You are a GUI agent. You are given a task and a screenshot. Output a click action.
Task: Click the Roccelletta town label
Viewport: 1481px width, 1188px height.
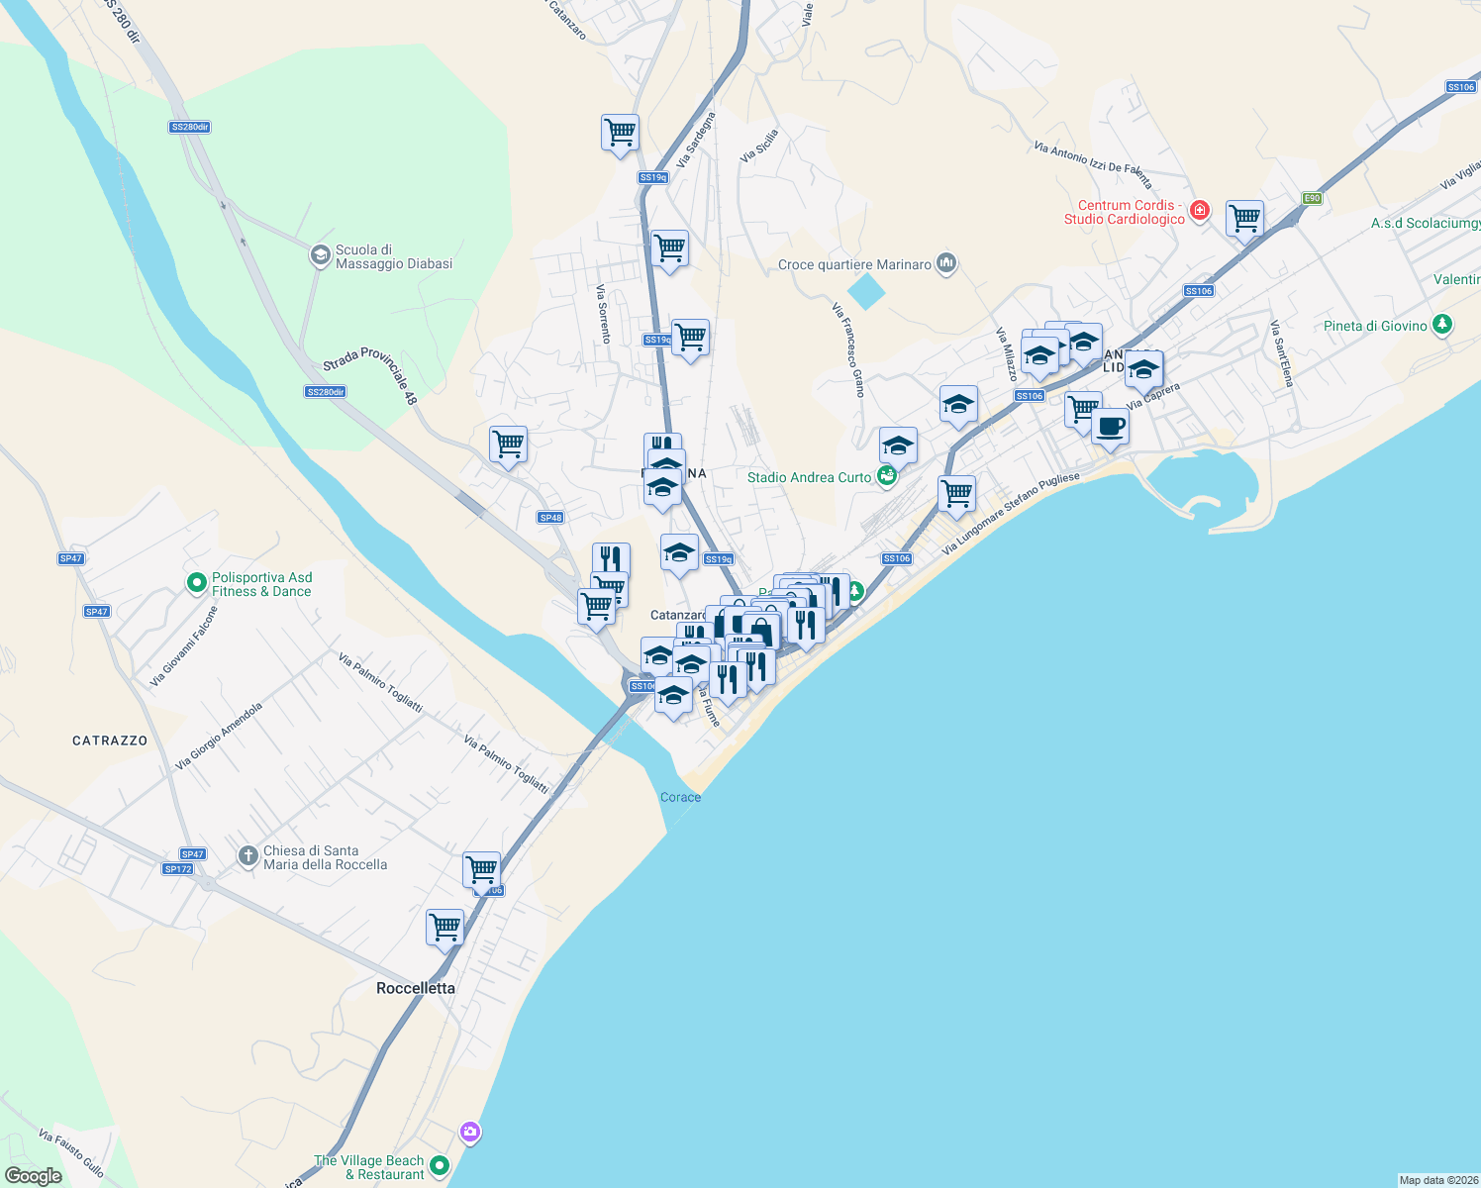[x=416, y=988]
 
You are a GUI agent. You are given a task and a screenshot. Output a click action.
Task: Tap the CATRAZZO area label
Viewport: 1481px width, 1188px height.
[x=110, y=741]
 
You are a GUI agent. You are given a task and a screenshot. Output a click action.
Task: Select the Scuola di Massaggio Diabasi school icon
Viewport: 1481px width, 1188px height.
[x=320, y=256]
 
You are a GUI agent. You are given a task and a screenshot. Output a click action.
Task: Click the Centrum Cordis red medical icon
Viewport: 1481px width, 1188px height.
[x=1200, y=210]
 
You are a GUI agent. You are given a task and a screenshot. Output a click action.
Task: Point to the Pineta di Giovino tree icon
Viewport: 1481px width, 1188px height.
[x=1442, y=325]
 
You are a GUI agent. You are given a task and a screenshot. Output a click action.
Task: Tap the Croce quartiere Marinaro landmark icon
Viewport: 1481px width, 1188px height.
[x=946, y=263]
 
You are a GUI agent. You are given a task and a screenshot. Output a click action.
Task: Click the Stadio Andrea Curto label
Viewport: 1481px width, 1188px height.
[x=809, y=477]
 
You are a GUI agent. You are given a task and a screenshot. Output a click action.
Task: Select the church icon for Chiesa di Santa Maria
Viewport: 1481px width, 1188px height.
[x=248, y=856]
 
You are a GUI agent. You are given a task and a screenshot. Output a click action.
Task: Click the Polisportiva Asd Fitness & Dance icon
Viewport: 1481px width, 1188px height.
[x=197, y=584]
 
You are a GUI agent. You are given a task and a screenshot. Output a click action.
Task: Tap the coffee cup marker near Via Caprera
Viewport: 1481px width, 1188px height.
[x=1110, y=428]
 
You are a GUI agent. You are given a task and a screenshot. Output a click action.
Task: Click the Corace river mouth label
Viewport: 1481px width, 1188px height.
[x=680, y=797]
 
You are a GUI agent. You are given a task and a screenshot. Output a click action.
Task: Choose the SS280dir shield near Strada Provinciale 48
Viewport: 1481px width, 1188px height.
[x=325, y=392]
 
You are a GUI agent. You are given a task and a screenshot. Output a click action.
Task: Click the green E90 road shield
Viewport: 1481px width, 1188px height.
[x=1312, y=198]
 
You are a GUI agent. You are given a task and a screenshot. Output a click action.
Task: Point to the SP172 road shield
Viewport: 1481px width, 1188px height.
[x=178, y=869]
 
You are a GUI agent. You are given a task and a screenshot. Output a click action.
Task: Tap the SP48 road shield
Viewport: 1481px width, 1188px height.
[x=550, y=518]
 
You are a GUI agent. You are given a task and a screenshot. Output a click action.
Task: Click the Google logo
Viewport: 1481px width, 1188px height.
[x=34, y=1176]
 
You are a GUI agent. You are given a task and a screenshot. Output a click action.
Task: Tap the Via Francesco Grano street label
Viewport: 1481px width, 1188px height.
[x=849, y=350]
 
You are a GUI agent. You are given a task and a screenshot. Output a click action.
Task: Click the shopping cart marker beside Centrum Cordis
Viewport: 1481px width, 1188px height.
[x=1244, y=219]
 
